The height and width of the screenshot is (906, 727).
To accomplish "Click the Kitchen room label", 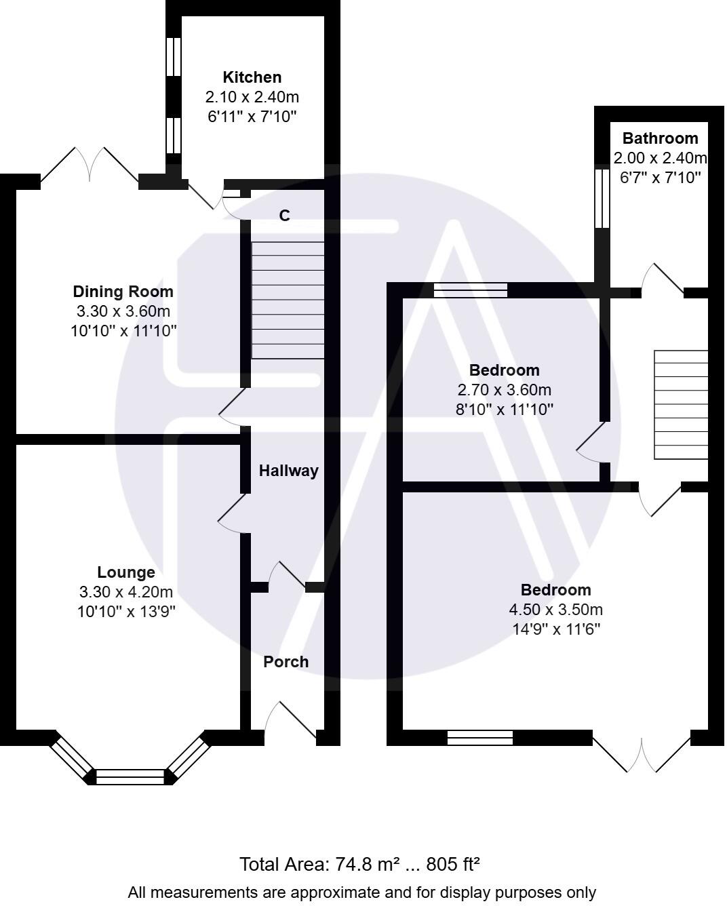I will [x=252, y=77].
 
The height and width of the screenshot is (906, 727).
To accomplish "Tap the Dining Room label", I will [x=123, y=292].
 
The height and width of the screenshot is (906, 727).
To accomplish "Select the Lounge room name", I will [x=125, y=572].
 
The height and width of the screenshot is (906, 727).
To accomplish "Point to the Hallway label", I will [x=288, y=471].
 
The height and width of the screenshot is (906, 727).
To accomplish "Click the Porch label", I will [x=286, y=662].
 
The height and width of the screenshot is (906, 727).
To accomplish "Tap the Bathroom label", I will [x=660, y=138].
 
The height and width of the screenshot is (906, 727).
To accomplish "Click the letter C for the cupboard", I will [x=285, y=216].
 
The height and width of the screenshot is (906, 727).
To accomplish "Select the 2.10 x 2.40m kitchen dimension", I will [x=252, y=97].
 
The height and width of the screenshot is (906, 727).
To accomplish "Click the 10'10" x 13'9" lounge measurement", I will [x=126, y=611].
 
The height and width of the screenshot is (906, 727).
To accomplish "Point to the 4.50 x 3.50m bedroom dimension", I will [x=555, y=610].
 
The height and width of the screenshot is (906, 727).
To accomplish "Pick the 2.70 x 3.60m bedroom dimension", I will [x=504, y=390].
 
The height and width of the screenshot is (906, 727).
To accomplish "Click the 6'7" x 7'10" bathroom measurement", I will [x=660, y=178].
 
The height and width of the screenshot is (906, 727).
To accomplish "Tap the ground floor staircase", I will [x=288, y=300].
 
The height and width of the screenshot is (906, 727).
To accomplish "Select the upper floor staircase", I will [x=681, y=405].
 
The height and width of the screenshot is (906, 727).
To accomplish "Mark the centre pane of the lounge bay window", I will [x=130, y=776].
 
